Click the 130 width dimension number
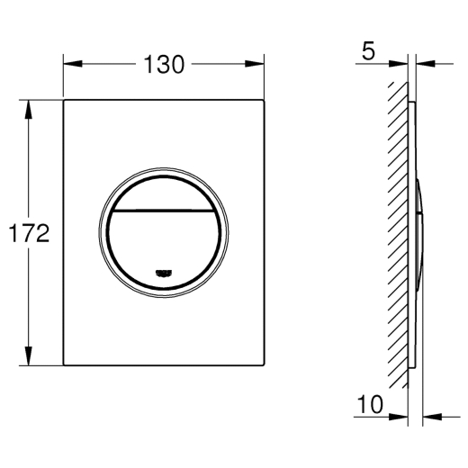[164, 65]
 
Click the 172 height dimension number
[29, 233]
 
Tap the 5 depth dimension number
[368, 51]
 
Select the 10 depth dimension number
[371, 404]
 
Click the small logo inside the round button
[164, 273]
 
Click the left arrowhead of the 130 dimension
[73, 64]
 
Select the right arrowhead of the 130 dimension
[255, 64]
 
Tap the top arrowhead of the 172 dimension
[29, 109]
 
